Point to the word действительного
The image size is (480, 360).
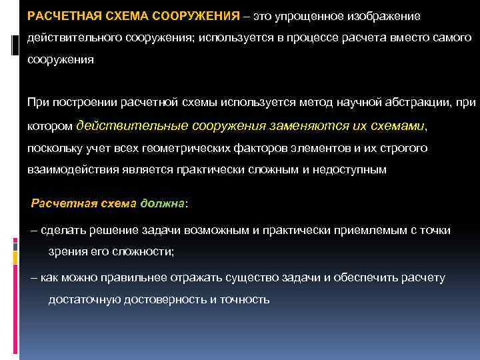point(73,38)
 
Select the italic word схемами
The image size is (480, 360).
point(391,125)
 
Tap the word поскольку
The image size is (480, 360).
point(56,147)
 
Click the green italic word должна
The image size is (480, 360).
point(163,203)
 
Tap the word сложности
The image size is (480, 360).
point(144,251)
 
